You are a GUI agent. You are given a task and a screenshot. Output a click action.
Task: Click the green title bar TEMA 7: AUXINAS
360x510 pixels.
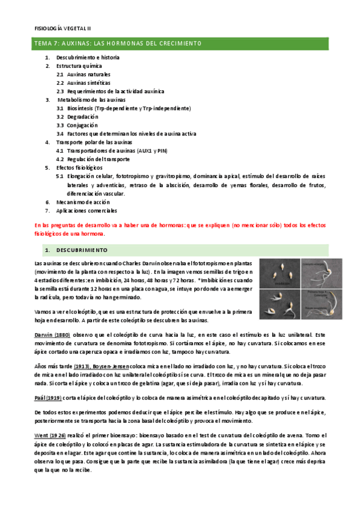coord(117,44)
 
